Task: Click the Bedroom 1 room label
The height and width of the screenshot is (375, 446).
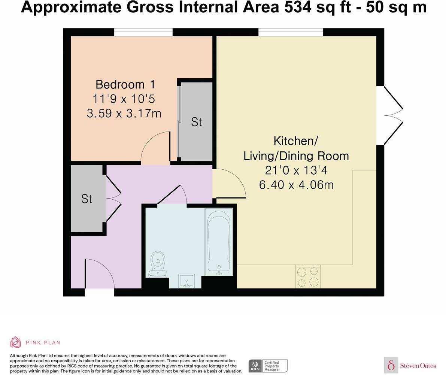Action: [x=125, y=84]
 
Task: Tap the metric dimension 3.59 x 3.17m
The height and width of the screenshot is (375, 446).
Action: [x=124, y=113]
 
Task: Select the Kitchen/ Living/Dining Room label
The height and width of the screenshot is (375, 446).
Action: [x=296, y=148]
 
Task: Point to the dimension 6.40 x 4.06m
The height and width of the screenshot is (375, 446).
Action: [x=296, y=185]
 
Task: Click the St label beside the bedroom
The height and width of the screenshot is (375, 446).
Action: [x=196, y=122]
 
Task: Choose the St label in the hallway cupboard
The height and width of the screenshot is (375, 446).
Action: [x=87, y=199]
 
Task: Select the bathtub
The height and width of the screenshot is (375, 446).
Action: [x=219, y=242]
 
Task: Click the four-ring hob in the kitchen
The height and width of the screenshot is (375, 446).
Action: [x=308, y=276]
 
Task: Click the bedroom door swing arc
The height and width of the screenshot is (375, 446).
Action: [x=155, y=148]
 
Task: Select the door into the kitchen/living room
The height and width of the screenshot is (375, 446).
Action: [x=229, y=184]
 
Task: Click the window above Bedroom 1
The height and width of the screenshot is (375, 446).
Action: [x=143, y=33]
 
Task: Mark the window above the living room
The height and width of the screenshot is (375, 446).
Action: [x=291, y=33]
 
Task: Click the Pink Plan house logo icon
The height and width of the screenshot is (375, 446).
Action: [x=16, y=342]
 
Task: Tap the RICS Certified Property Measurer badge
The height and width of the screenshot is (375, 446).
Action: [x=268, y=366]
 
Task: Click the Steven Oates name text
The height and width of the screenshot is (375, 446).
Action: [x=418, y=365]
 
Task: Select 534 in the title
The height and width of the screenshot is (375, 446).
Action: [x=297, y=7]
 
